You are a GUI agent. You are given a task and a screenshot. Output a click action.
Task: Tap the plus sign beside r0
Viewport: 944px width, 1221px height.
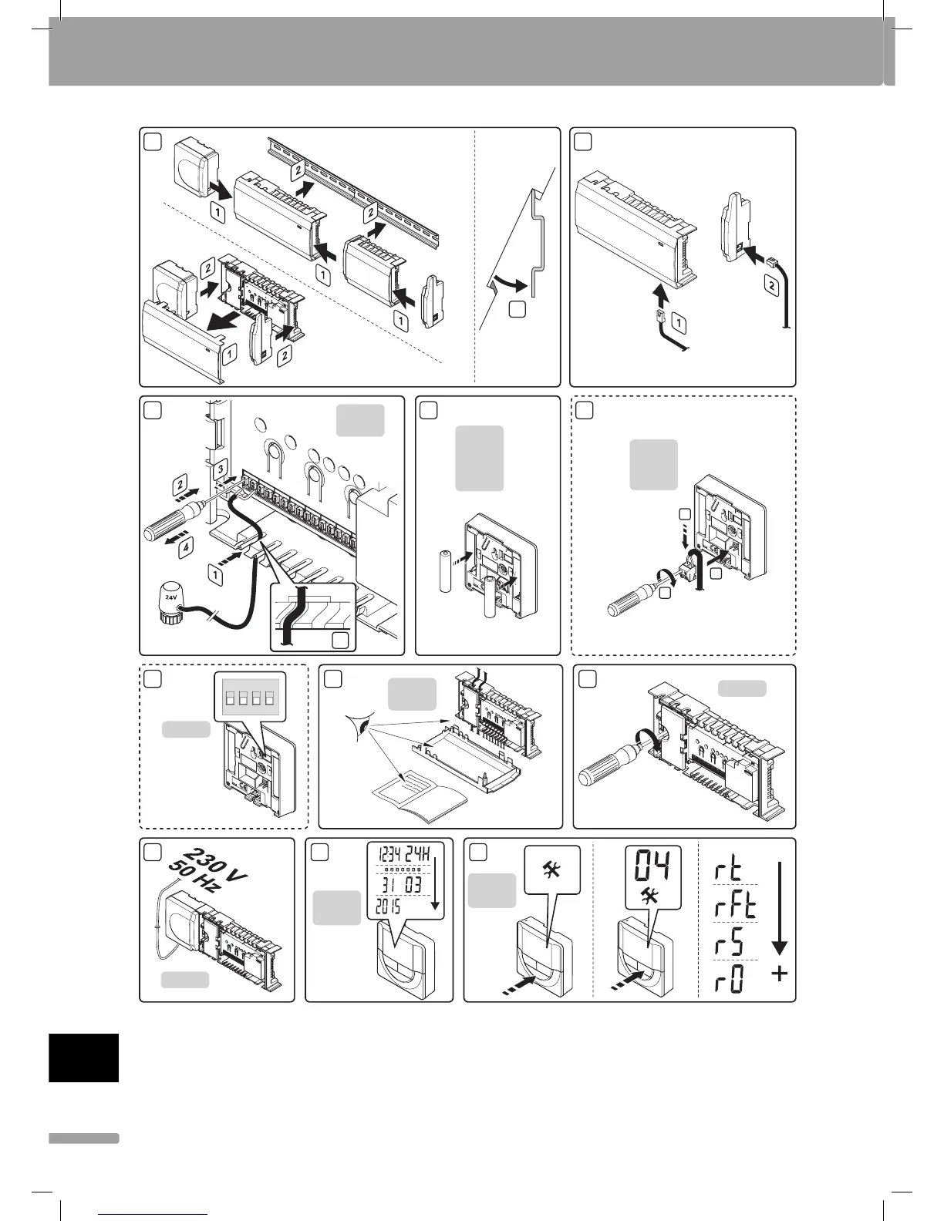(x=780, y=974)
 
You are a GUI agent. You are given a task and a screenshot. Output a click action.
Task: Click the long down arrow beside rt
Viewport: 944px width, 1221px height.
(x=779, y=910)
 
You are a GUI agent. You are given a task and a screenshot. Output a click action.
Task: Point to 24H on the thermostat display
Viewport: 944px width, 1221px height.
(x=422, y=855)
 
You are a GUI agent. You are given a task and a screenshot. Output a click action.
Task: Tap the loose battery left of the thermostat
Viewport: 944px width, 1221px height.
(x=445, y=571)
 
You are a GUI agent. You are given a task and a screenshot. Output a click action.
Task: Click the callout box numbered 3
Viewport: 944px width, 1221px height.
(x=221, y=468)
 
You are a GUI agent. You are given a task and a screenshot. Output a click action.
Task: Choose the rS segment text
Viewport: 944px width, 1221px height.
(x=727, y=943)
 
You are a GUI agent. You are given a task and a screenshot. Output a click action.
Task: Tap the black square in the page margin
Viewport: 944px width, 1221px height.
(x=84, y=1058)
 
